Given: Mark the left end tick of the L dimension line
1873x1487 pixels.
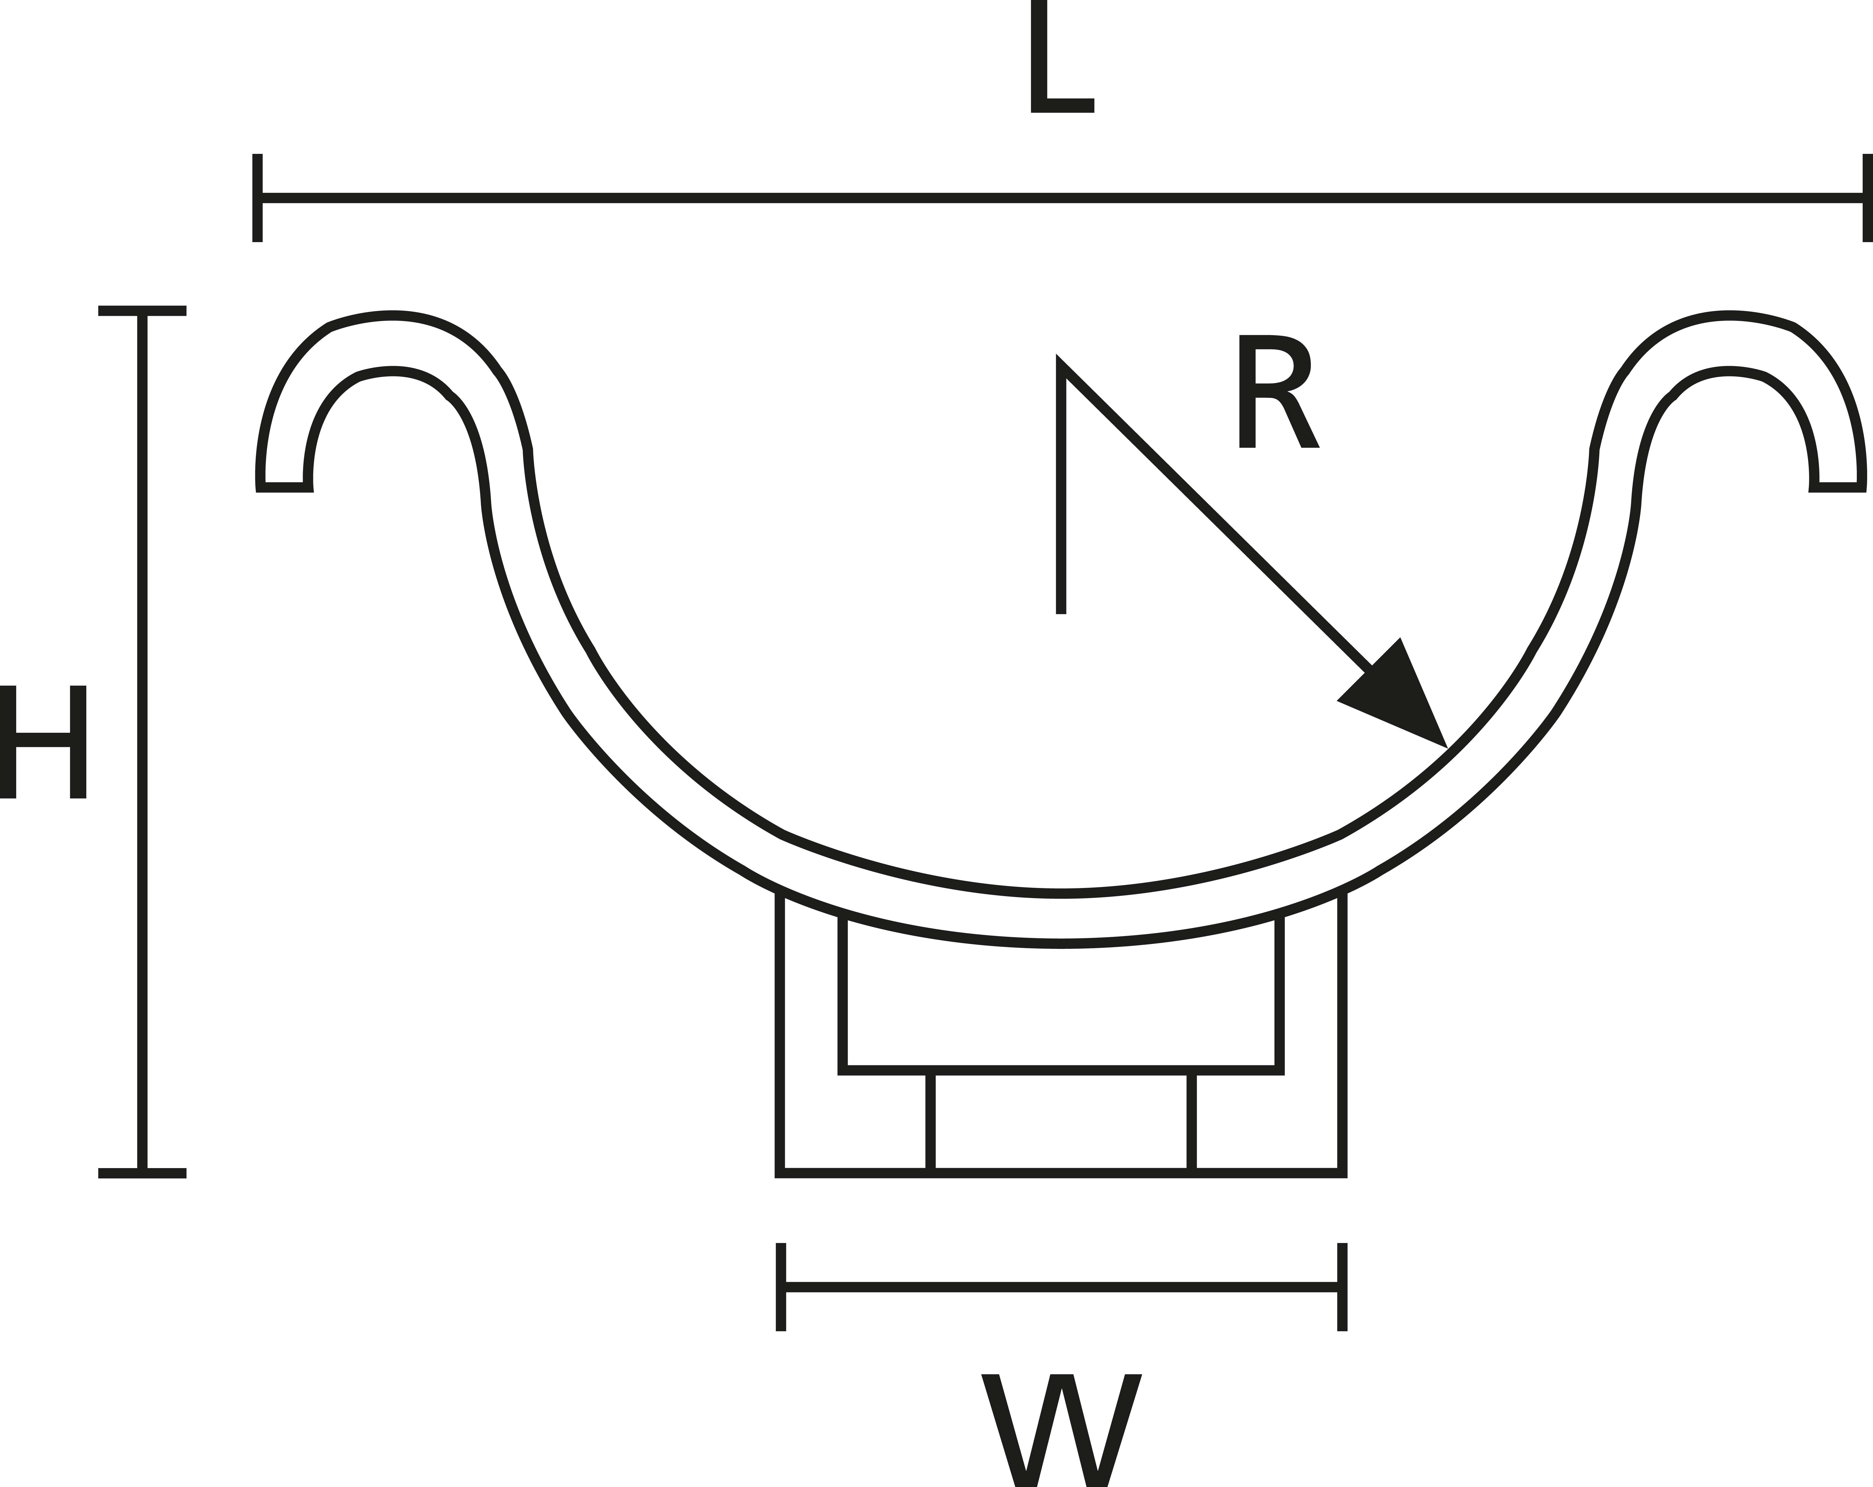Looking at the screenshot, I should pos(257,198).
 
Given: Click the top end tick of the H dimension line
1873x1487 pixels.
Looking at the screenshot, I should pos(142,311).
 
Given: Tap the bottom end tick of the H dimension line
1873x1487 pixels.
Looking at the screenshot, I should pos(142,1173).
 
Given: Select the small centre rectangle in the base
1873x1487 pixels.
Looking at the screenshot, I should pos(1061,1123).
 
